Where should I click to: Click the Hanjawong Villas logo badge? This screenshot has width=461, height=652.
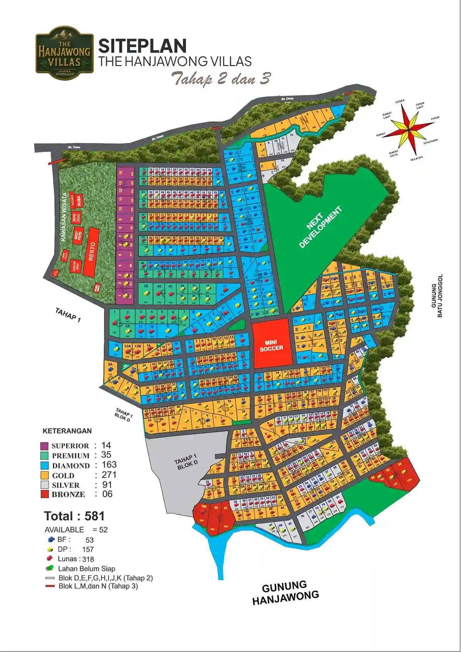pos(64,53)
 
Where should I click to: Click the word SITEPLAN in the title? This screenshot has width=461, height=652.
pos(142,46)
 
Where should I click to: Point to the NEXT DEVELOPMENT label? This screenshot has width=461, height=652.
pos(320,227)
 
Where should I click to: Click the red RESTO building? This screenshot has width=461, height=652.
pos(91,252)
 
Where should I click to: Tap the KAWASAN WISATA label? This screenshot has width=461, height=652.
pos(64,217)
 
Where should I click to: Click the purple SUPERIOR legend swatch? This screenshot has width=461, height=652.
pos(45,446)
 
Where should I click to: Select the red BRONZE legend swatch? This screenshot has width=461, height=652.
pos(45,494)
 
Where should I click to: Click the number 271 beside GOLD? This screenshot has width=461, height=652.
pos(109,475)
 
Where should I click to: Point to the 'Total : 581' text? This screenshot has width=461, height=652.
pos(74,516)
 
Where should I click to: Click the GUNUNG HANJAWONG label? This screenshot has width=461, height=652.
pos(286,592)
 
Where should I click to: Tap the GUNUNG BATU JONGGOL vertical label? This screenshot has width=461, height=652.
pos(437,296)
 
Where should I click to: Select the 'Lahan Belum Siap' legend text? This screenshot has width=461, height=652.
pos(86,569)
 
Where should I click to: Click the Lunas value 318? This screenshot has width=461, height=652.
pos(88,559)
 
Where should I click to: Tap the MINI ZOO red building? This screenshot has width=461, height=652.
pos(76,218)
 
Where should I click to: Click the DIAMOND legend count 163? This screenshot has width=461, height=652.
pos(109,464)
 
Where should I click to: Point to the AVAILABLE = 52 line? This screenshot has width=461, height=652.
pos(76,530)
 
